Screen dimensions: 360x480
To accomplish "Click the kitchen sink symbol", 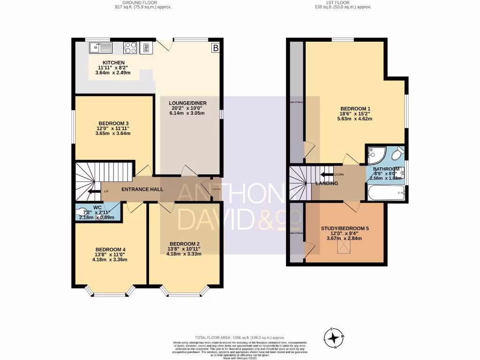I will pyautogui.click(x=100, y=47).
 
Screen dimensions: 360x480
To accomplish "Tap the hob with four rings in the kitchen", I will pyautogui.click(x=130, y=47).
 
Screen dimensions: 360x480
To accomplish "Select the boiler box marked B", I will pyautogui.click(x=215, y=47).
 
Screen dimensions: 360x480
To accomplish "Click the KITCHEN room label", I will pyautogui.click(x=113, y=62).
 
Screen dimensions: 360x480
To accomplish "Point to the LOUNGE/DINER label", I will pyautogui.click(x=189, y=103).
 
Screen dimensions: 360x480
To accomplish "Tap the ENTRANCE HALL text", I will pyautogui.click(x=142, y=189).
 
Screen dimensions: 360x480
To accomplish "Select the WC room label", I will pyautogui.click(x=97, y=207).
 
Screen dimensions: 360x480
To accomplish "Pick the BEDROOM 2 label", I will pyautogui.click(x=185, y=244).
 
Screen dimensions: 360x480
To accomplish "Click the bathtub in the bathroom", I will pyautogui.click(x=386, y=192).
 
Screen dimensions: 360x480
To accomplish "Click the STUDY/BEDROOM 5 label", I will pyautogui.click(x=345, y=228).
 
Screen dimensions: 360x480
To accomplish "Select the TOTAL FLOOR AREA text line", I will pyautogui.click(x=240, y=337).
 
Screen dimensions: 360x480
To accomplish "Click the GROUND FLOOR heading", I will pyautogui.click(x=143, y=2).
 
